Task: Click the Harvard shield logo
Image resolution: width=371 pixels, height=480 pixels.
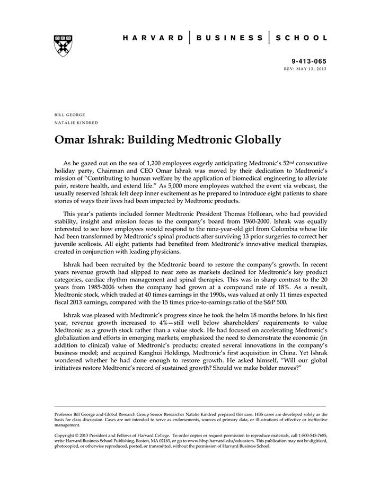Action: [63, 45]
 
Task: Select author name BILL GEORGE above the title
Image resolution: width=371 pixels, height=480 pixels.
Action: [69, 114]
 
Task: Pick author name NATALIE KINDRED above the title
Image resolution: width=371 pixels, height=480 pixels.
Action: [76, 123]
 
